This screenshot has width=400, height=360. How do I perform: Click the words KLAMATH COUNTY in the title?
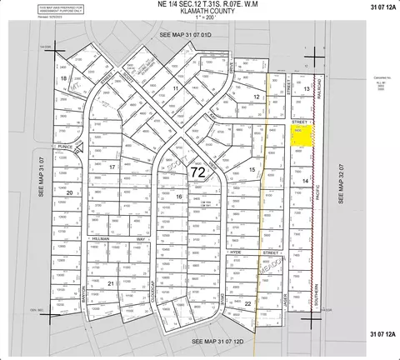[199, 14]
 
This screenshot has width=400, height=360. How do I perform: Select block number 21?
[111, 283]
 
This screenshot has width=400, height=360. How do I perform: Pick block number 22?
[247, 305]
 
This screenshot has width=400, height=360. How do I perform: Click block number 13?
[307, 88]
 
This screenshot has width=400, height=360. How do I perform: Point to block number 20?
[69, 192]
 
